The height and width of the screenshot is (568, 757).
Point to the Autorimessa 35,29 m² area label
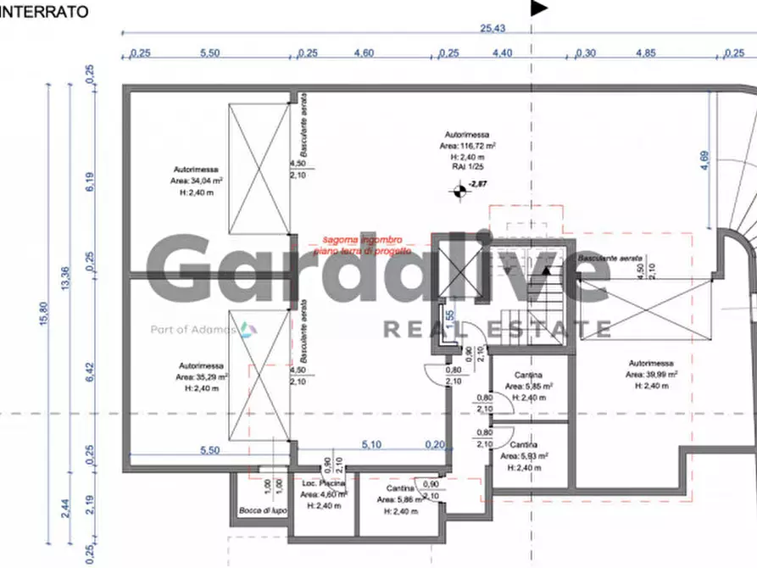coord(202,376)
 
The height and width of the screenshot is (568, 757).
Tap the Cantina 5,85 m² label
coord(529,386)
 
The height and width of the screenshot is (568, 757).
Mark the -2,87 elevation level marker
coord(480,183)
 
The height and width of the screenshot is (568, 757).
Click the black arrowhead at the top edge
coord(539,8)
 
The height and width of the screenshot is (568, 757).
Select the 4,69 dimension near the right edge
coord(704,161)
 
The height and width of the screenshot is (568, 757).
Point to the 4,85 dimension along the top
coord(646,53)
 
